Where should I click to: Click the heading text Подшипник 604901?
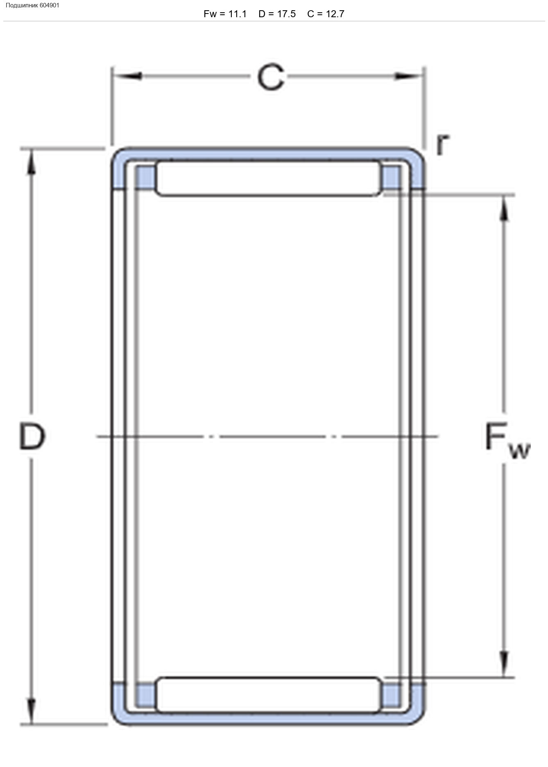32,5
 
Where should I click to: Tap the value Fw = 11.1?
225,14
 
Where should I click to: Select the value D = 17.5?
277,14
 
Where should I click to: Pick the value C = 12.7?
326,14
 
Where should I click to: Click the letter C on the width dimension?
271,77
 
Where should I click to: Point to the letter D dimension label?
32,437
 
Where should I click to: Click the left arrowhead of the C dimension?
127,76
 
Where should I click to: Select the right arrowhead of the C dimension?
408,76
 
